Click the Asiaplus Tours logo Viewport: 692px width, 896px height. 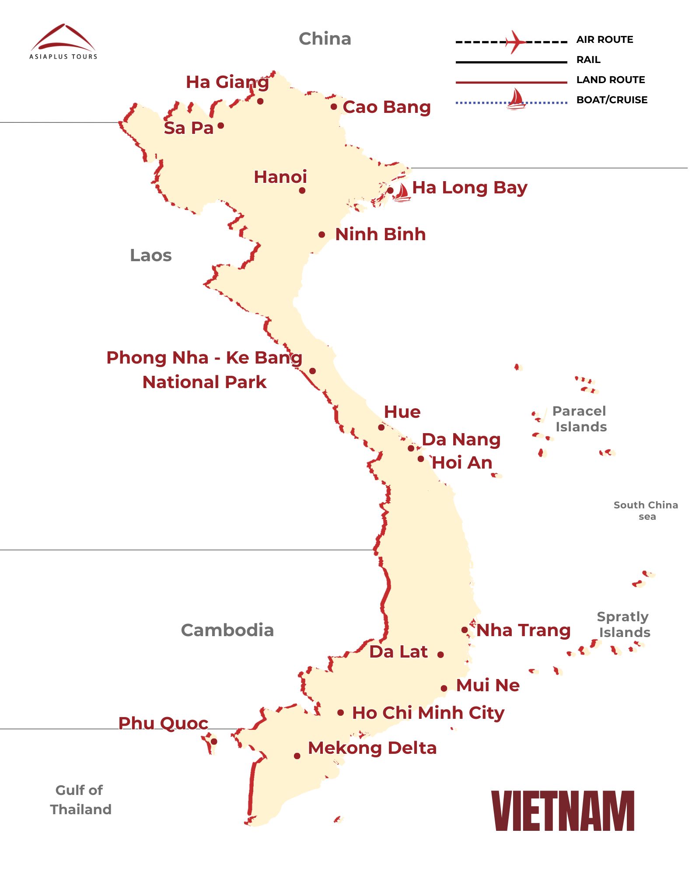63,42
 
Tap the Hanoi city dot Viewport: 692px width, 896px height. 302,190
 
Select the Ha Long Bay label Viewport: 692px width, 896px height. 469,188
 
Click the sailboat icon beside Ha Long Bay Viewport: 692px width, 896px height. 402,192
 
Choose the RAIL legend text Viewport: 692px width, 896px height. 588,59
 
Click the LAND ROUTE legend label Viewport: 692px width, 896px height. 610,80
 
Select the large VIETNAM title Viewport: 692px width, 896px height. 563,811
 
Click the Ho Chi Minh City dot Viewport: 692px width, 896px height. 340,713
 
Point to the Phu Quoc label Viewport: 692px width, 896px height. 163,723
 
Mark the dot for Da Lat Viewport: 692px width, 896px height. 440,654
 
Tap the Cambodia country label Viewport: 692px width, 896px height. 227,630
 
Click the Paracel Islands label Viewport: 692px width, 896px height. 580,419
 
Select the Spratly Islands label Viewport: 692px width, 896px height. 624,624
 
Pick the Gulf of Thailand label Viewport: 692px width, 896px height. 80,800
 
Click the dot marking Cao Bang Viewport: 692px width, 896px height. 334,107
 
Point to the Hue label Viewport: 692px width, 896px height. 402,412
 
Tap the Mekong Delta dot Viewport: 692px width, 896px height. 297,756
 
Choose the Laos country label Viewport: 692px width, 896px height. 150,255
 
